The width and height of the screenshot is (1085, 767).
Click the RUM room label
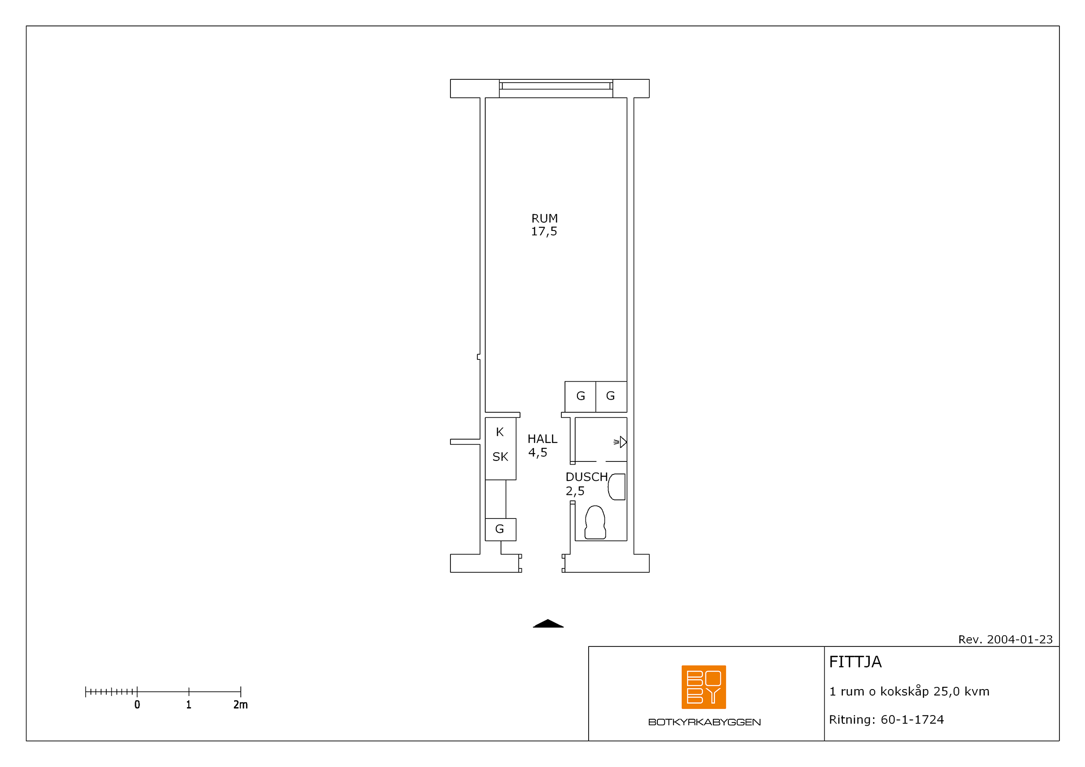click(x=545, y=218)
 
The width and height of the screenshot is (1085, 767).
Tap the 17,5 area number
click(x=544, y=231)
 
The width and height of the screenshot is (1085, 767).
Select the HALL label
click(x=543, y=439)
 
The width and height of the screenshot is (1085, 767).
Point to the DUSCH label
click(x=586, y=477)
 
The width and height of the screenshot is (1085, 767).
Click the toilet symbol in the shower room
click(x=595, y=523)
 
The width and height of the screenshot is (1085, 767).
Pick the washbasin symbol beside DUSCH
click(x=616, y=487)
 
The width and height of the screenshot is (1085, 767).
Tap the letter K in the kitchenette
click(x=500, y=432)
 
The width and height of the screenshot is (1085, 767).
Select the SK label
click(x=501, y=457)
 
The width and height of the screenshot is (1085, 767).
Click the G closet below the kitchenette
click(x=501, y=530)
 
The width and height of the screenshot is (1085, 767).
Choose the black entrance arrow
click(x=548, y=623)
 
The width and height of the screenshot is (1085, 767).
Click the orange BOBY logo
click(x=704, y=687)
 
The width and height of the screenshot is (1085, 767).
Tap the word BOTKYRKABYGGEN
click(x=705, y=722)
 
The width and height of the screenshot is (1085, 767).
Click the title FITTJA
click(x=855, y=662)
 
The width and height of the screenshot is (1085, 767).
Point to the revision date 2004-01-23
click(x=1020, y=639)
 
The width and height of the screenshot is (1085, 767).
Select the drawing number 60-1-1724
click(x=912, y=720)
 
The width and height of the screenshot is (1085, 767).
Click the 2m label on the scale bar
click(x=241, y=705)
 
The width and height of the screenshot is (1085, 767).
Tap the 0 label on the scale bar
click(x=137, y=705)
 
